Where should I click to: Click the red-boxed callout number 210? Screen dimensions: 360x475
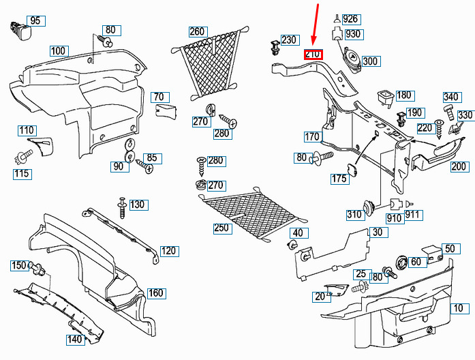tap(313, 55)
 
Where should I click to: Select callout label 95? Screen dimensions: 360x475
tap(35, 21)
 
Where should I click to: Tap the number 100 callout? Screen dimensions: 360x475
tap(59, 50)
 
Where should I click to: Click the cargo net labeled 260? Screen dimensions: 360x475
tap(213, 63)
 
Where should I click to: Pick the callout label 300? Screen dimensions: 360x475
tap(370, 61)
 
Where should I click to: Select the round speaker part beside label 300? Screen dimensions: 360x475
tap(352, 59)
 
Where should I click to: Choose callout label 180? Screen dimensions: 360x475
tap(404, 95)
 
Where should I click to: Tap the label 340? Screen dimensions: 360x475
tap(451, 97)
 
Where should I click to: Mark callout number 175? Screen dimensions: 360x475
tap(339, 179)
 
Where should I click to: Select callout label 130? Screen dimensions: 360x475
tap(138, 205)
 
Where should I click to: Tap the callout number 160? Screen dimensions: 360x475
tap(156, 293)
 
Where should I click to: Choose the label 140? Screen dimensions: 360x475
tap(74, 339)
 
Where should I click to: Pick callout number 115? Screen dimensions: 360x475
tap(22, 174)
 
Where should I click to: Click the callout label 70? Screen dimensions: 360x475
tap(159, 97)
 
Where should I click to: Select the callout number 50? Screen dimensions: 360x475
tap(449, 248)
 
